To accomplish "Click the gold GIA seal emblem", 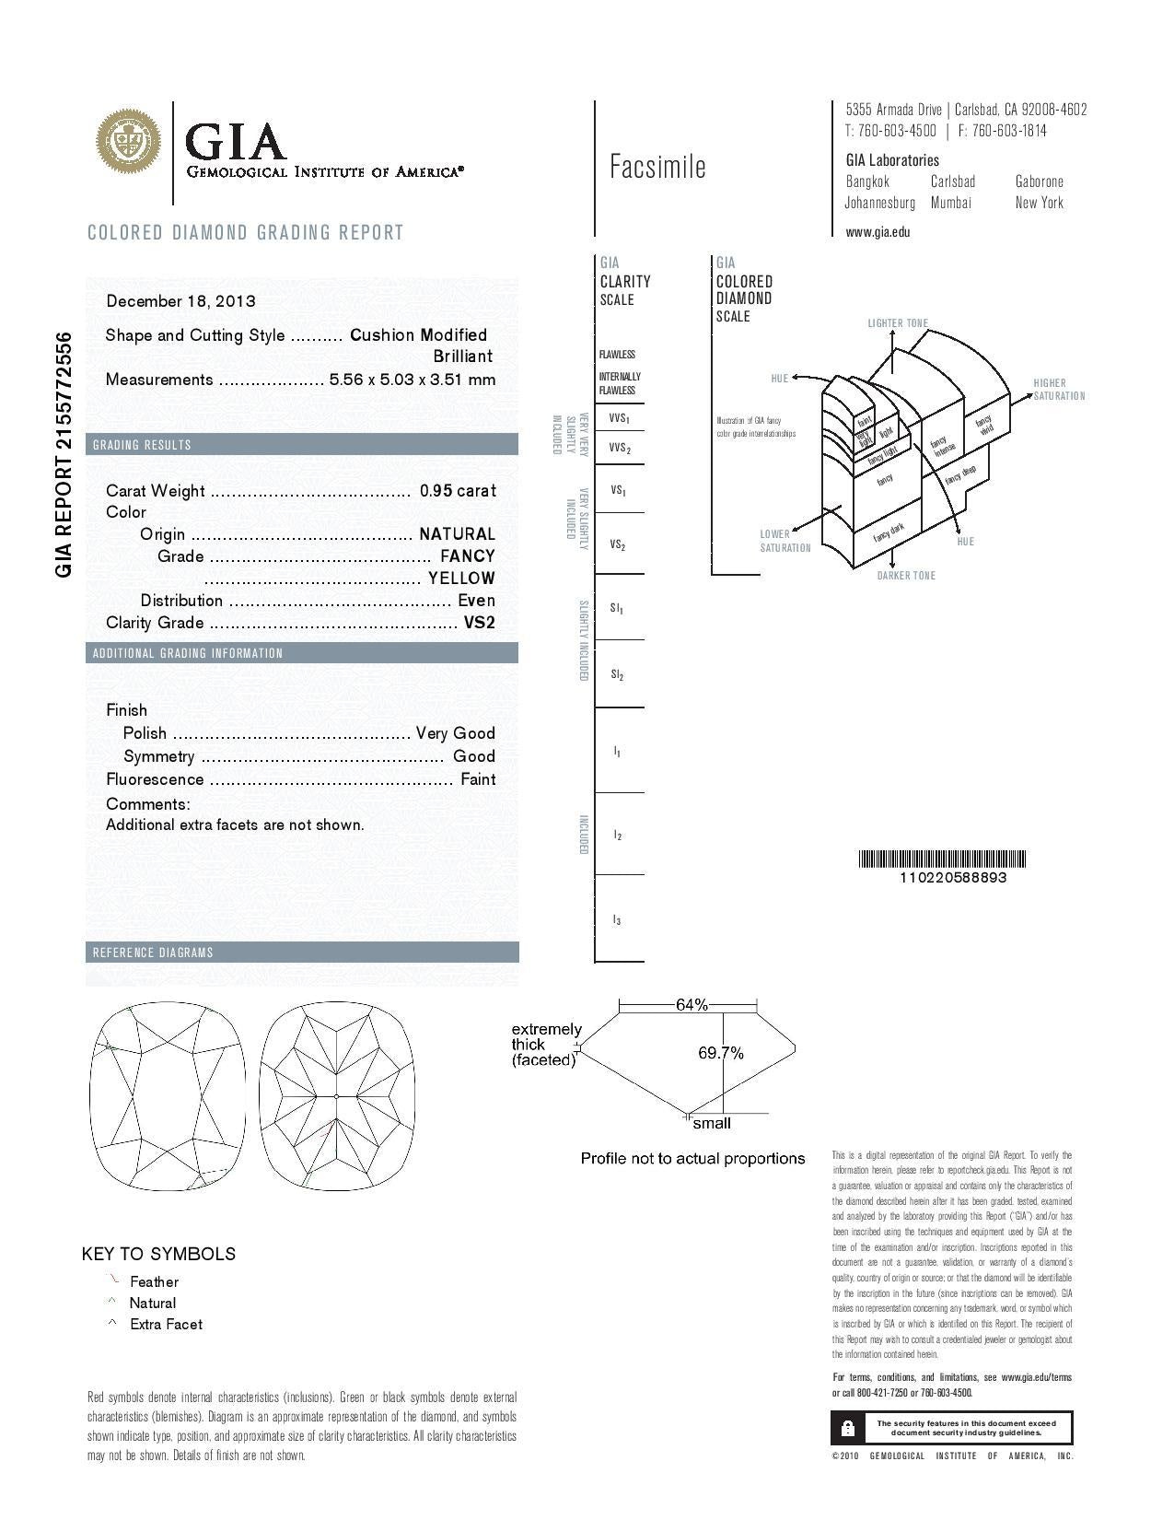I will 130,141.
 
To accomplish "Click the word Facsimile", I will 657,167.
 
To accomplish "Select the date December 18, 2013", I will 181,301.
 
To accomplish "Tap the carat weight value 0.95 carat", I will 458,491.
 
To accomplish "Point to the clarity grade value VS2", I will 479,623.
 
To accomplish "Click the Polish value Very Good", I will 456,733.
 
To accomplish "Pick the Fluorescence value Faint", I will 478,779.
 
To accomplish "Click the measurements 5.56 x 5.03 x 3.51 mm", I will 413,380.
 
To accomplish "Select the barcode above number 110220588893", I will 942,859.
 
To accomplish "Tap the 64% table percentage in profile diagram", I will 692,1005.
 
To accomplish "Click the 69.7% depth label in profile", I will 721,1053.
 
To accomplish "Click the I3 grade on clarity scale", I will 617,920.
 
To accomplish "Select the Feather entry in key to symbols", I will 154,1281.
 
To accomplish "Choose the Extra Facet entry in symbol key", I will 166,1324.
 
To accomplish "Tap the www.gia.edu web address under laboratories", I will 878,232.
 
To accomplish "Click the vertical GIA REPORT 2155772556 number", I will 64,453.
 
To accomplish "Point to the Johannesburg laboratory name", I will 879,203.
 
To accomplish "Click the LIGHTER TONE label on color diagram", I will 898,323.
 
